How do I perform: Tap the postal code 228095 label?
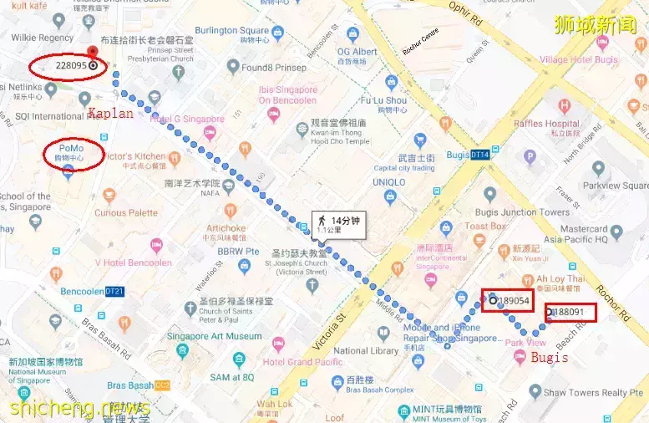click(x=71, y=65)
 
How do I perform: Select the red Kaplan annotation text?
click(x=110, y=113)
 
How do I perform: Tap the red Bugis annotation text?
click(x=550, y=357)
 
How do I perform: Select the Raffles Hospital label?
click(x=547, y=124)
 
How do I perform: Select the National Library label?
click(x=367, y=351)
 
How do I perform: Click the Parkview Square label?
click(x=615, y=185)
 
